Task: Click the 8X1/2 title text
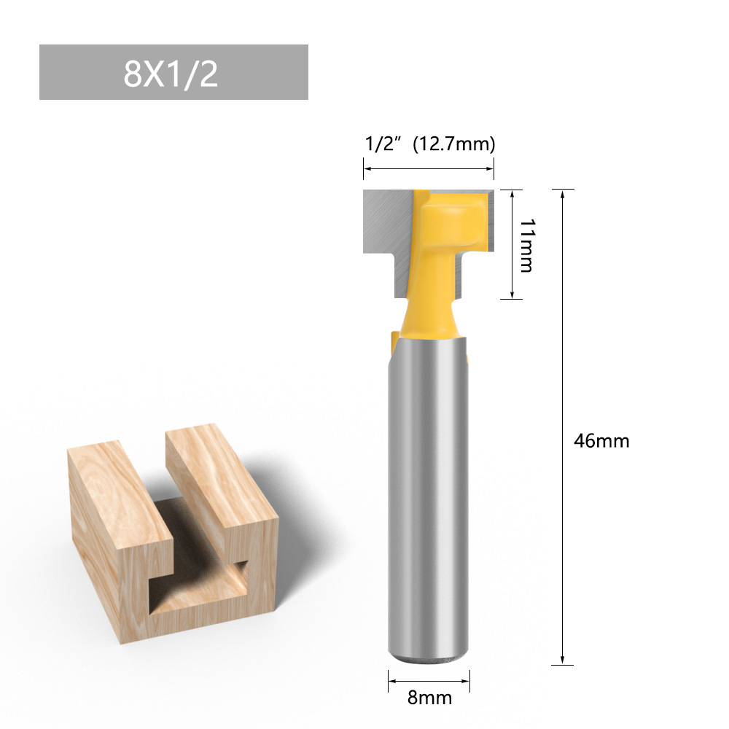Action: point(171,74)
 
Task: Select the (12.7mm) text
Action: point(454,144)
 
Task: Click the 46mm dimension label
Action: point(601,441)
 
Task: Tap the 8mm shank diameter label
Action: point(429,698)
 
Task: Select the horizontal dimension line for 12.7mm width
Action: point(429,169)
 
